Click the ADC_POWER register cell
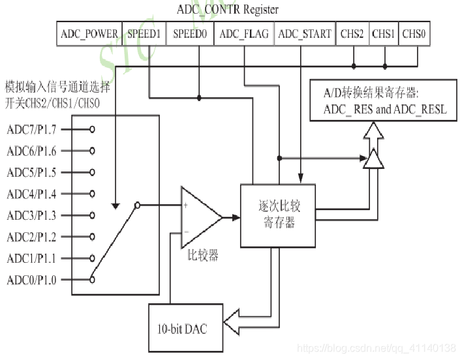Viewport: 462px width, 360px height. point(89,34)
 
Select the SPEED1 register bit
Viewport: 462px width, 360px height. point(144,34)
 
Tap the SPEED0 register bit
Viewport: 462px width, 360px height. point(191,34)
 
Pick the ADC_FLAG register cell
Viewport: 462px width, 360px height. point(244,34)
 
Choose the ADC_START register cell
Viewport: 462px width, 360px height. point(304,34)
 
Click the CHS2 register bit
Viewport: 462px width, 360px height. point(352,34)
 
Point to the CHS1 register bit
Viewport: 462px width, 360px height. point(384,34)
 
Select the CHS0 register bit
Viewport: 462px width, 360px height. point(414,34)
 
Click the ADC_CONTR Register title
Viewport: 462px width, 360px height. point(228,10)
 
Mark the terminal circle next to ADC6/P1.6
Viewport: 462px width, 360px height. point(92,151)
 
